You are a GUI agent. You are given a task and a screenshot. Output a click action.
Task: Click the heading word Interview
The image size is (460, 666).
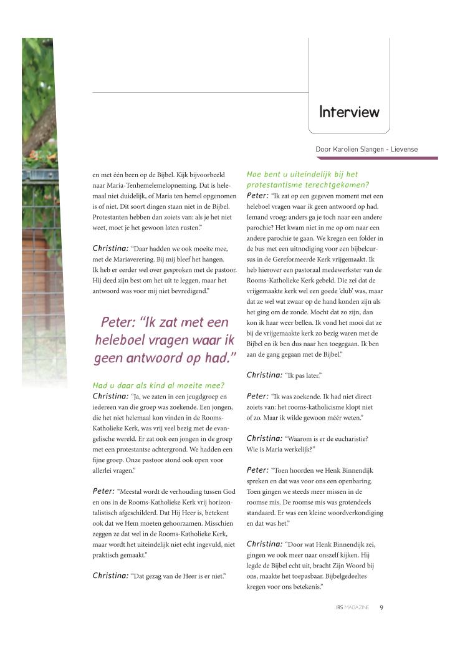coord(349,112)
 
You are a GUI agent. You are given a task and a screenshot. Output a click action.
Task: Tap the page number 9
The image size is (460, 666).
coord(381,607)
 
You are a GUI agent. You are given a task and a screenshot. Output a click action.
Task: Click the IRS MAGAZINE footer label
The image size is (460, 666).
coord(352,607)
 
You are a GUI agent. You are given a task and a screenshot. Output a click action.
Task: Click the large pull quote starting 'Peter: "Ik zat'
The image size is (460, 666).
coord(165,340)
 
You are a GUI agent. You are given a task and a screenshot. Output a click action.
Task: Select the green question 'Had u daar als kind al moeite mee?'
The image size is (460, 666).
coord(158,385)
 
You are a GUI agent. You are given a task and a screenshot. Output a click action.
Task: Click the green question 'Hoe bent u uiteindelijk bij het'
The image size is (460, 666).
coord(302,175)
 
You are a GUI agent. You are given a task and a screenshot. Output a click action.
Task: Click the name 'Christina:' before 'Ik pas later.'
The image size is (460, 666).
coord(264,375)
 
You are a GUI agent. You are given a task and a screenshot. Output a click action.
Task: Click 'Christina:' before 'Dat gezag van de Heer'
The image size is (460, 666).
coord(110,576)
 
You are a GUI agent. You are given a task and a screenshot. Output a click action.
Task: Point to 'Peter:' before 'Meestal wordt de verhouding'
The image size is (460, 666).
coord(103,491)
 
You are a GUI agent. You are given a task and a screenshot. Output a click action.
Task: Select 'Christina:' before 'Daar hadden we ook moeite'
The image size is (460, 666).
coord(110,248)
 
